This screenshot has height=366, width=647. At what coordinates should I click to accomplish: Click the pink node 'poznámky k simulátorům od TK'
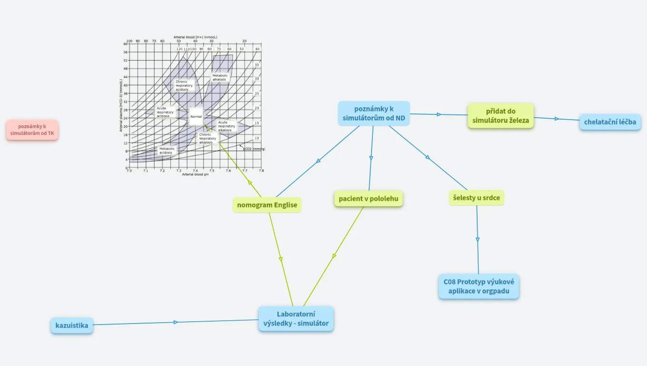click(32, 130)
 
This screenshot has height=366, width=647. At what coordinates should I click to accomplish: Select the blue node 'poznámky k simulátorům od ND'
click(373, 113)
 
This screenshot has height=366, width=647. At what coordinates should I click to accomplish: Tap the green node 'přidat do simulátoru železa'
click(500, 116)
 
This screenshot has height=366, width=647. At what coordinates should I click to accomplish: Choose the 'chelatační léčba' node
click(610, 122)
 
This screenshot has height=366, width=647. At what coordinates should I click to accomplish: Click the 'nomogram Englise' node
click(267, 205)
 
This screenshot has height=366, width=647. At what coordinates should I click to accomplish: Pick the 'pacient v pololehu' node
click(368, 199)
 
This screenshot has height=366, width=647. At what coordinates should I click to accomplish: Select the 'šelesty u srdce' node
click(476, 197)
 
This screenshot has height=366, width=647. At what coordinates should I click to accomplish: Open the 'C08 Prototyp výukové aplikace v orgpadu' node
click(479, 286)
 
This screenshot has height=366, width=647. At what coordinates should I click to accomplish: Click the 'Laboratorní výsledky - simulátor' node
click(296, 318)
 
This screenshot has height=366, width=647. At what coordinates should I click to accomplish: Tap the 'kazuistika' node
click(72, 325)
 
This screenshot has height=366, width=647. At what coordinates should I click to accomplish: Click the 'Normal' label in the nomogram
click(196, 117)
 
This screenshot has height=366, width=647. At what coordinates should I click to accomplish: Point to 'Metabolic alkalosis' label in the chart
click(220, 77)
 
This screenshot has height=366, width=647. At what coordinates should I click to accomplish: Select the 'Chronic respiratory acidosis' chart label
click(184, 86)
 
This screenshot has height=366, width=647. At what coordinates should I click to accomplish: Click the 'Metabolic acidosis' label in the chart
click(167, 151)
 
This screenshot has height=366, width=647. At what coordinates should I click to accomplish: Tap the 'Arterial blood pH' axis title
click(195, 174)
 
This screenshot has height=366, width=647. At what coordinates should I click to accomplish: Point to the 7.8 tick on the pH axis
click(261, 170)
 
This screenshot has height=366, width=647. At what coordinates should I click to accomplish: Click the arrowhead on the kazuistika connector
click(176, 323)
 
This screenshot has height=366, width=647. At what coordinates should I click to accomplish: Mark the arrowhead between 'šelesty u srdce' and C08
click(478, 240)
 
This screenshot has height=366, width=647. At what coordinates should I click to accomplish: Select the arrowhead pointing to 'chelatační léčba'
click(556, 119)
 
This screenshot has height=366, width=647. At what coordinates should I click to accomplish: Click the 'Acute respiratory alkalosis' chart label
click(226, 126)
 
